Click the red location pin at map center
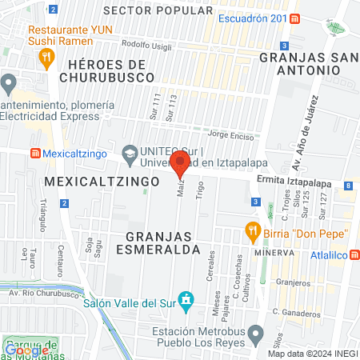point(180,167)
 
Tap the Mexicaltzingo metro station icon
point(34,152)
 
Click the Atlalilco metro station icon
point(354,254)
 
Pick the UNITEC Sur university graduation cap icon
point(129,152)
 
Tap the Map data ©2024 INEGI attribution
point(311,354)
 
